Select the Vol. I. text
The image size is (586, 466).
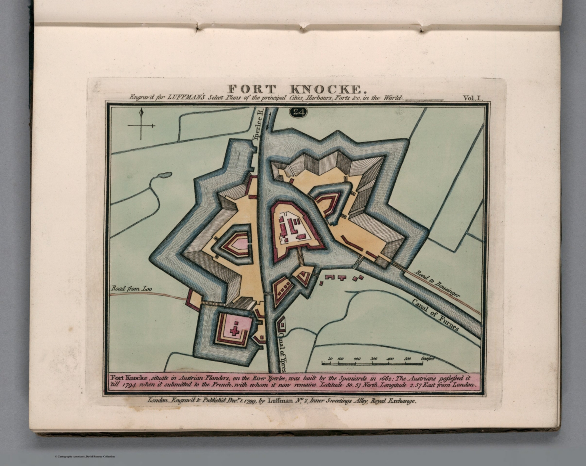point(473,98)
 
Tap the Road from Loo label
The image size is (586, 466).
point(131,289)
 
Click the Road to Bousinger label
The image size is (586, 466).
point(437,284)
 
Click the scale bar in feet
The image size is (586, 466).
point(372,363)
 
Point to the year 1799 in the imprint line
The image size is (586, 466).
point(245,401)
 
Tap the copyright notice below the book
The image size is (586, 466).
point(84,456)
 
